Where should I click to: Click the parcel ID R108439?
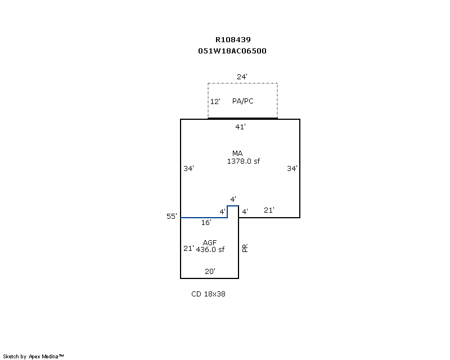233,40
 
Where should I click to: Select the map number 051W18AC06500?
232,51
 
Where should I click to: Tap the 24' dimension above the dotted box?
242,76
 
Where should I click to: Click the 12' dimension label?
215,102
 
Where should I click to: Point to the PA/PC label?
243,101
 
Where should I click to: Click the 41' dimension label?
240,127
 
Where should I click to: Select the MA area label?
237,154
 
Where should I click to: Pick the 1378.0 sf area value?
244,161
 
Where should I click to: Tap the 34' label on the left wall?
188,168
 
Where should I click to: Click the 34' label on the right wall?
292,168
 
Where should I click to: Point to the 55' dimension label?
172,216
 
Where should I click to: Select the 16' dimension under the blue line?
206,223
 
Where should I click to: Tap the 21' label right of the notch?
269,210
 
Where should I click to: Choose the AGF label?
210,242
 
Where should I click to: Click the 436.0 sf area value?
210,250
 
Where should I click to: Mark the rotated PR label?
245,248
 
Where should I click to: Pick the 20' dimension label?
210,272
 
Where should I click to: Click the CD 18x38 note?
208,294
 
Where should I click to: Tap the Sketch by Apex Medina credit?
34,356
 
